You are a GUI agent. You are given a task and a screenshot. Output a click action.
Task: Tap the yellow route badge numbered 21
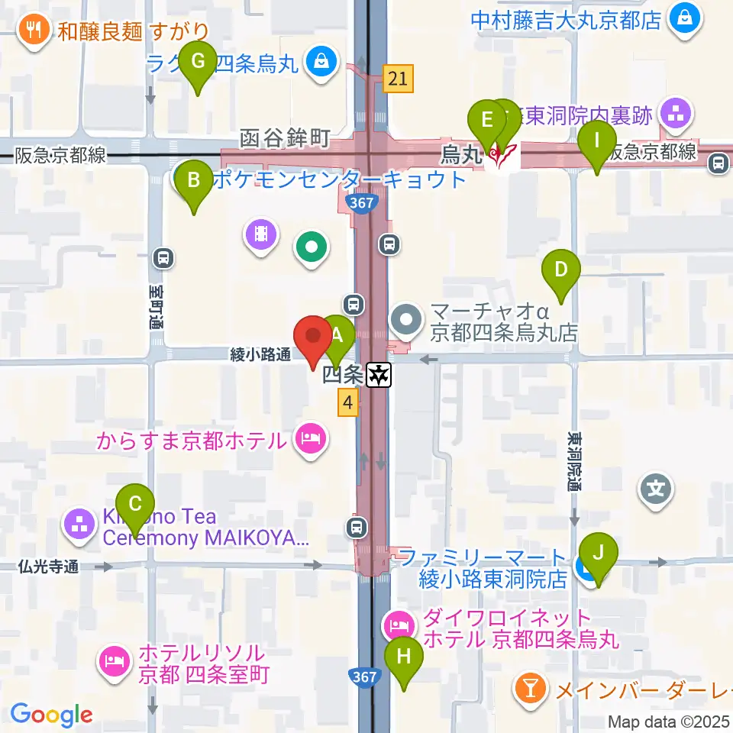click(399, 78)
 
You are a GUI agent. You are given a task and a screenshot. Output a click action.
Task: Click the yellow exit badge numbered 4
click(347, 402)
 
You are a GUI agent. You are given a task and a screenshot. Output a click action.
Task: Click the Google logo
click(51, 715)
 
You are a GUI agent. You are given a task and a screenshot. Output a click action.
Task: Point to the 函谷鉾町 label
click(284, 138)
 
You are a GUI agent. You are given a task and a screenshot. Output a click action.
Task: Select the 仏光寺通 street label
click(50, 567)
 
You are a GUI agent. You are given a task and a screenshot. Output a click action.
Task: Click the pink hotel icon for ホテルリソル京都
click(115, 661)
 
